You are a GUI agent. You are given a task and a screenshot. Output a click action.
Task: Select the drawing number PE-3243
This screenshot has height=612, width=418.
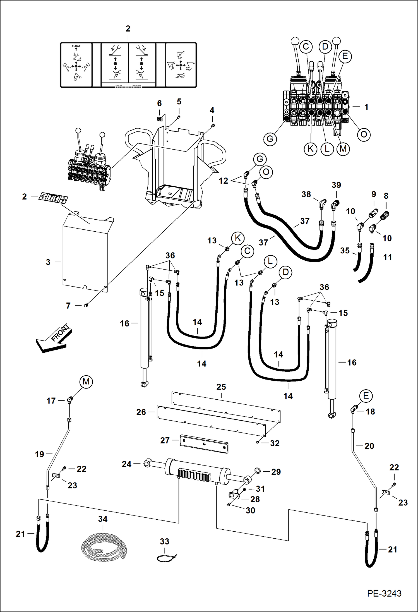tap(384, 593)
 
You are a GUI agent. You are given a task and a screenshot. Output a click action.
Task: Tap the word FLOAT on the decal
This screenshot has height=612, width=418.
tap(76, 46)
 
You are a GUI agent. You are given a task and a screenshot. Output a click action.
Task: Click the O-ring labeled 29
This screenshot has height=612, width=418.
tap(257, 471)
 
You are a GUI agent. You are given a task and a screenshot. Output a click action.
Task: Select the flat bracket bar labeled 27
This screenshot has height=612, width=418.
tap(204, 443)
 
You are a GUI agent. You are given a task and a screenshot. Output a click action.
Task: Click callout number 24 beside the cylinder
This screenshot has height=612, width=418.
tap(126, 464)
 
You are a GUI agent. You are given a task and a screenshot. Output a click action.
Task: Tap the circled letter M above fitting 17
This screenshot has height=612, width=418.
tap(86, 381)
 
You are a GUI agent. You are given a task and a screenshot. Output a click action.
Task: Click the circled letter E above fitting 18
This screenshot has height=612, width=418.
tap(366, 396)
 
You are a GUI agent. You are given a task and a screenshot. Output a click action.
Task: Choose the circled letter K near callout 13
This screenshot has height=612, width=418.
tap(238, 238)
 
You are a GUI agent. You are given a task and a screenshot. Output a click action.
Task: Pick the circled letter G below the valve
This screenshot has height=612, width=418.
tap(270, 139)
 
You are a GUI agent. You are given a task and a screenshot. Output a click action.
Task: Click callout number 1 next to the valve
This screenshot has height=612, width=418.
tap(366, 107)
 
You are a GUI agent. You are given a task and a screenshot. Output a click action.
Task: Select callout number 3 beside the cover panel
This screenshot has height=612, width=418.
tap(48, 262)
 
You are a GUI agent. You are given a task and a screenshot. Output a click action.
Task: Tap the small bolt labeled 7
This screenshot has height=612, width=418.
tap(86, 306)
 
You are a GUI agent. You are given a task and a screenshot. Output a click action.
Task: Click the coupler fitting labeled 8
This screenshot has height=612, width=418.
tap(385, 215)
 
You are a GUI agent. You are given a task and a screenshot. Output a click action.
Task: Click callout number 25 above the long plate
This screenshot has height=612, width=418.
tap(221, 387)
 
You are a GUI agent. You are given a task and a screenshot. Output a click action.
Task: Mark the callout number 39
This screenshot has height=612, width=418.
tap(336, 185)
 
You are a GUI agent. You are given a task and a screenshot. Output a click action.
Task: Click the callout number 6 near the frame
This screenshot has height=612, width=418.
tap(159, 103)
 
